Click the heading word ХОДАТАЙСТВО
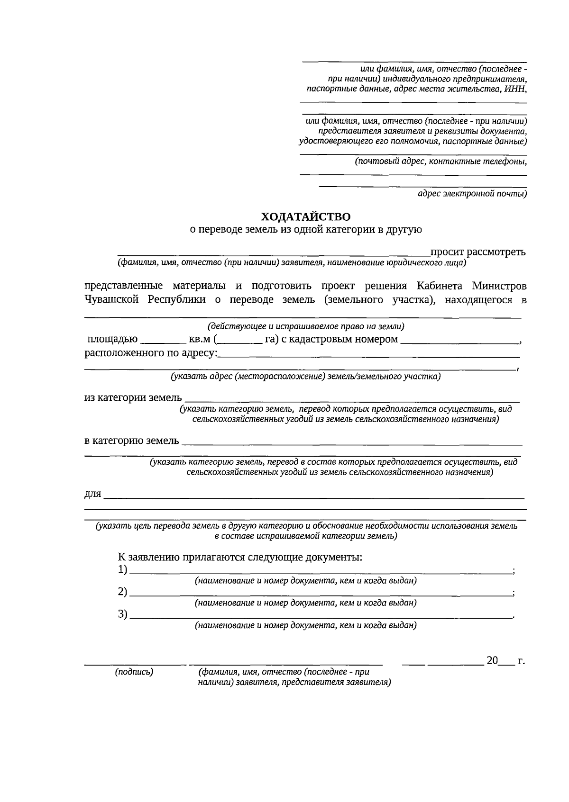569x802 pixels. click(306, 217)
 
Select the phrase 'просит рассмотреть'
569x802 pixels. click(477, 252)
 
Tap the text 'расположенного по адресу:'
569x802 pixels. click(151, 353)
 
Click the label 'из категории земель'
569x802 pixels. click(133, 397)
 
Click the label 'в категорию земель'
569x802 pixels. click(132, 441)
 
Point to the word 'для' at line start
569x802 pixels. click(93, 494)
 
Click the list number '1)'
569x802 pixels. click(123, 570)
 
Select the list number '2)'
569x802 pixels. click(123, 592)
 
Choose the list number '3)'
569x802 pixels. click(123, 614)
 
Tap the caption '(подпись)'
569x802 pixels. click(134, 672)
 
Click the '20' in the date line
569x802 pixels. click(492, 660)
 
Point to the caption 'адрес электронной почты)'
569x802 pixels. click(472, 193)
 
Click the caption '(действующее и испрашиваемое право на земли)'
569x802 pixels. click(306, 326)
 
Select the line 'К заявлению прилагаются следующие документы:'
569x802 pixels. click(240, 557)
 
